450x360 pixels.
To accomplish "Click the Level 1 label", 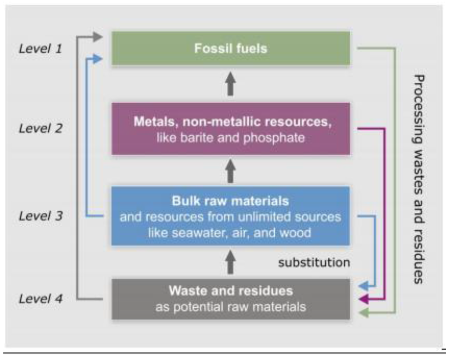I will [40, 48].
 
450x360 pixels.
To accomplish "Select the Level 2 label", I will [40, 129].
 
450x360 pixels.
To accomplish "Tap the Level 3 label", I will [40, 216].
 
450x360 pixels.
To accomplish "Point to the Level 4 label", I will [40, 299].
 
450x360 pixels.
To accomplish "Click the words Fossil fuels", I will [231, 48].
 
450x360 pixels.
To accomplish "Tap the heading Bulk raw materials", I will [231, 201].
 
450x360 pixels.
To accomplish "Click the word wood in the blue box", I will [295, 232].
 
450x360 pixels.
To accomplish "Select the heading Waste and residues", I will [231, 291].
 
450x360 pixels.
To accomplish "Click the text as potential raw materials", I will [231, 306].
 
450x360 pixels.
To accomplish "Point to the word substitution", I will [314, 263].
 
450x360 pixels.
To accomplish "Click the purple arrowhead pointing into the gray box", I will [363, 299].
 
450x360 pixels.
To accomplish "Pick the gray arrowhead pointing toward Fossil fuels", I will [98, 37].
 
